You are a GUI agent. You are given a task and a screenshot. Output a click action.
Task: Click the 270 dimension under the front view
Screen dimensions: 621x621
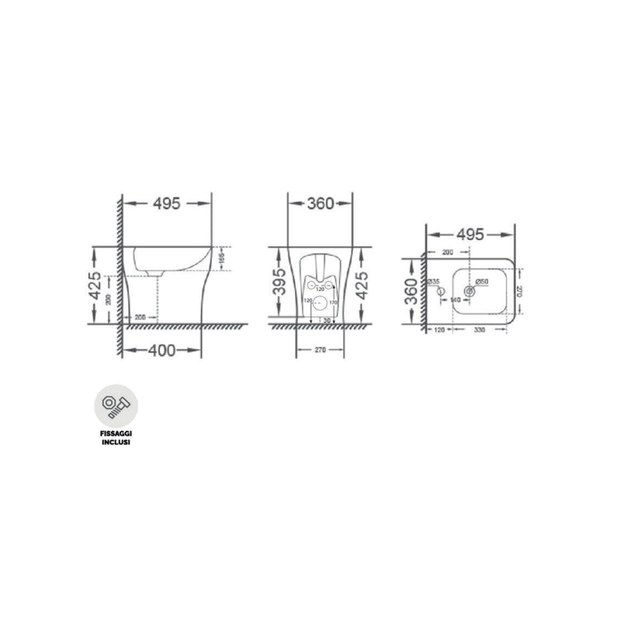(x=321, y=350)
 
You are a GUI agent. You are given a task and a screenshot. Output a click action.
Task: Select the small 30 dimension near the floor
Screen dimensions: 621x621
(x=327, y=320)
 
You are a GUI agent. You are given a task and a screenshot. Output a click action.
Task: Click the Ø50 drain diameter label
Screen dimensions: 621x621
(x=481, y=281)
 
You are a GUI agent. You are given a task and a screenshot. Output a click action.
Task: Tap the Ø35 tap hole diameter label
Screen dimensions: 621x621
(x=434, y=281)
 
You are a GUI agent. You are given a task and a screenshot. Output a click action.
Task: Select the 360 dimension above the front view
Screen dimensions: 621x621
(x=321, y=203)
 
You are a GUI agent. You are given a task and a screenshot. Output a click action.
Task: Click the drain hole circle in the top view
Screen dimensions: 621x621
(x=468, y=291)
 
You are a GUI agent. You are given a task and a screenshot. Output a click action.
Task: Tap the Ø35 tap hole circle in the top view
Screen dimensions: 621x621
(x=442, y=292)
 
